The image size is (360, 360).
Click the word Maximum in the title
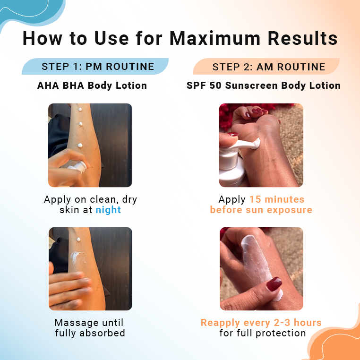215,38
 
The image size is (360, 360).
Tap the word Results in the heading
303,38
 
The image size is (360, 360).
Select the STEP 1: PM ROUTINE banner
95,66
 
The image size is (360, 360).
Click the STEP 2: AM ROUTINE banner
266,67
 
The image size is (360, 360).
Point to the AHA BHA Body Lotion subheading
92,86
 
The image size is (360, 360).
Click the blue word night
108,210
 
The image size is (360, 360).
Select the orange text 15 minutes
277,199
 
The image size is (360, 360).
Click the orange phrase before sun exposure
261,210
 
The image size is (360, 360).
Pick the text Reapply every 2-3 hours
261,323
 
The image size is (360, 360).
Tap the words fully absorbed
90,333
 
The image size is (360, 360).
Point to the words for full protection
262,333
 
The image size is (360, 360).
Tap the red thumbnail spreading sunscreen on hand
274,284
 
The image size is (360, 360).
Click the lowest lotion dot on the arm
80,145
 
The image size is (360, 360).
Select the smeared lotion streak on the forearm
77,259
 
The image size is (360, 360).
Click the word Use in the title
111,38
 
